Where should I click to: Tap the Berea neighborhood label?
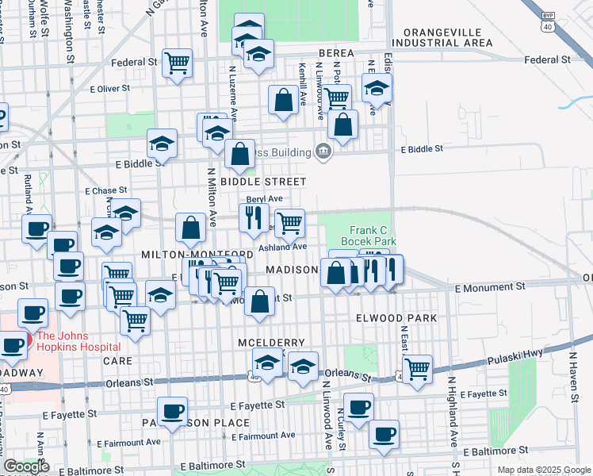point(335,52)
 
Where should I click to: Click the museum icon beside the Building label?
point(323,150)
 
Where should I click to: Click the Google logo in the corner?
point(26,466)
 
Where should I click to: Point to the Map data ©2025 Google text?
point(544,470)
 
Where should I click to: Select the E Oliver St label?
point(108,89)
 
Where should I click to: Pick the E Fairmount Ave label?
point(264,435)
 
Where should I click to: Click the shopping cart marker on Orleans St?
point(416,368)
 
